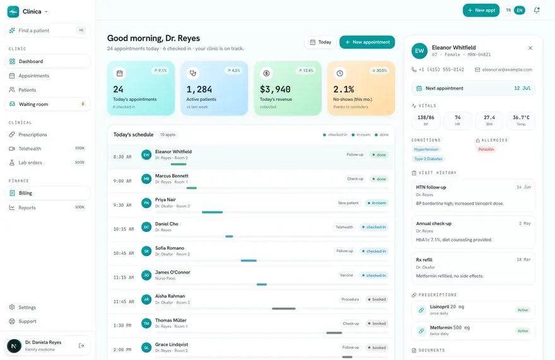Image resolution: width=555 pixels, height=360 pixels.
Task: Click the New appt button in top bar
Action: click(481, 10)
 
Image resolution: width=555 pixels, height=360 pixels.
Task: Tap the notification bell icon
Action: click(537, 10)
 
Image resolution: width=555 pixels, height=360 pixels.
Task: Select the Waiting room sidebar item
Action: click(47, 104)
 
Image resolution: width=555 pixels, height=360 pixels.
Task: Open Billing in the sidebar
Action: click(47, 193)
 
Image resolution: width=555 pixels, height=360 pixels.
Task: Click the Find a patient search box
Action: click(47, 30)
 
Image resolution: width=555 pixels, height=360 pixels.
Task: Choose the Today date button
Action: click(320, 42)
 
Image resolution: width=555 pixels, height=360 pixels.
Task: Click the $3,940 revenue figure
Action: click(275, 89)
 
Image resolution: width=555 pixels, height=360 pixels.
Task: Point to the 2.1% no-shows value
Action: click(343, 89)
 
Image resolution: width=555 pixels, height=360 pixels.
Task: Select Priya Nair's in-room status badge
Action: click(377, 203)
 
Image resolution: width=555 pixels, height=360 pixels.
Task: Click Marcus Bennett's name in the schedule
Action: click(172, 176)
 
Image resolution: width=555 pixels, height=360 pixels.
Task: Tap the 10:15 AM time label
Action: click(124, 229)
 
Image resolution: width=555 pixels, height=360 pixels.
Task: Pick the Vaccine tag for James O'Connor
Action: click(346, 275)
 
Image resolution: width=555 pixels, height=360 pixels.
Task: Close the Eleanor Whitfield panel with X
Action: click(530, 48)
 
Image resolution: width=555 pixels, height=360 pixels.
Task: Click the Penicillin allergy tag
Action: click(486, 149)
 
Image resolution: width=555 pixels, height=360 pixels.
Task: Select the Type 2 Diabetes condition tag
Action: click(428, 159)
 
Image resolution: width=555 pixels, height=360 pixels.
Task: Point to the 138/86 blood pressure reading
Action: click(426, 117)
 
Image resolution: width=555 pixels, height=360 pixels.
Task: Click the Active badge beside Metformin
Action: click(523, 331)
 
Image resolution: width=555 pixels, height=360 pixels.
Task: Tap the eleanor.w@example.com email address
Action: click(507, 70)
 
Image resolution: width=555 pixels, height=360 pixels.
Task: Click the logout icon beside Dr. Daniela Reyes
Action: click(81, 346)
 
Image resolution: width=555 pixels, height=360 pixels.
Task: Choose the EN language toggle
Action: click(520, 10)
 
